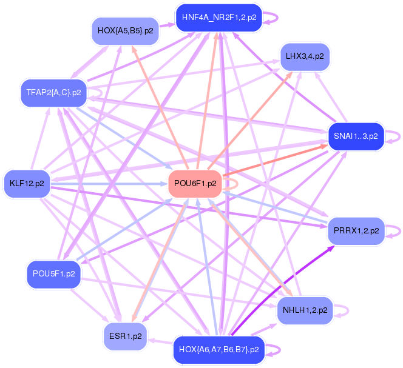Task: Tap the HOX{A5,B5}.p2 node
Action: pos(125,29)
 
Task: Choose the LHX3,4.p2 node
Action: pos(304,56)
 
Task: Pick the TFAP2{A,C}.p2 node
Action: pos(53,93)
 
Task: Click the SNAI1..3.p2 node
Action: pos(356,136)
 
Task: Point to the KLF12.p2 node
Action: pos(27,182)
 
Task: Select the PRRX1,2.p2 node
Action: pos(356,230)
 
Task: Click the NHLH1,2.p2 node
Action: pos(305,310)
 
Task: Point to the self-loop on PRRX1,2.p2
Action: pos(396,230)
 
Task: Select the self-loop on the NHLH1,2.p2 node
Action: pos(344,310)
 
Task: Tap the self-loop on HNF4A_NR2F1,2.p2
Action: pos(274,18)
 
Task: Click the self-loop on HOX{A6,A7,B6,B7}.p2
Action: pos(275,350)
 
